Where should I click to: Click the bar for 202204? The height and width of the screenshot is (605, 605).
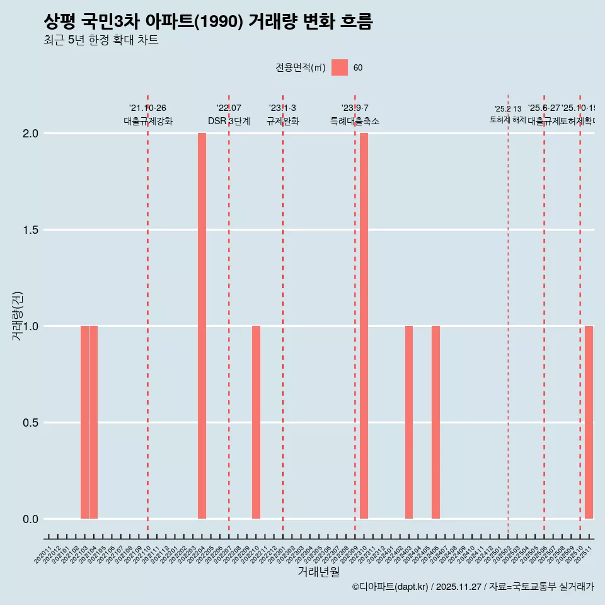pyautogui.click(x=202, y=326)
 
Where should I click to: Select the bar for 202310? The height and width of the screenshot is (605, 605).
pyautogui.click(x=364, y=326)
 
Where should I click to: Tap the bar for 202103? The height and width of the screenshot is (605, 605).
pyautogui.click(x=84, y=422)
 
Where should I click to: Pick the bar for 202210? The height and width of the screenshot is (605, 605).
pyautogui.click(x=256, y=422)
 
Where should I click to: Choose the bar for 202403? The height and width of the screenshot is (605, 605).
pyautogui.click(x=409, y=422)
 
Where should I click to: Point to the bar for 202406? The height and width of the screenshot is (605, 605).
pyautogui.click(x=435, y=422)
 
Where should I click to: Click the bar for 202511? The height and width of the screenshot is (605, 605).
pyautogui.click(x=589, y=422)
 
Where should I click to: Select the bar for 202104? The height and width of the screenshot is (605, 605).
pyautogui.click(x=93, y=422)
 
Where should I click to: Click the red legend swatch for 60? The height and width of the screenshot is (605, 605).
pyautogui.click(x=340, y=67)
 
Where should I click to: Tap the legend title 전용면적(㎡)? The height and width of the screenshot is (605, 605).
pyautogui.click(x=300, y=68)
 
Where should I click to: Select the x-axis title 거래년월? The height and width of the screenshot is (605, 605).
pyautogui.click(x=318, y=572)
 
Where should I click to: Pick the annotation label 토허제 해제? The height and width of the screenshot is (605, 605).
pyautogui.click(x=507, y=120)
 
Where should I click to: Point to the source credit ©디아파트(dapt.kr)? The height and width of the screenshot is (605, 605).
pyautogui.click(x=390, y=587)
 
